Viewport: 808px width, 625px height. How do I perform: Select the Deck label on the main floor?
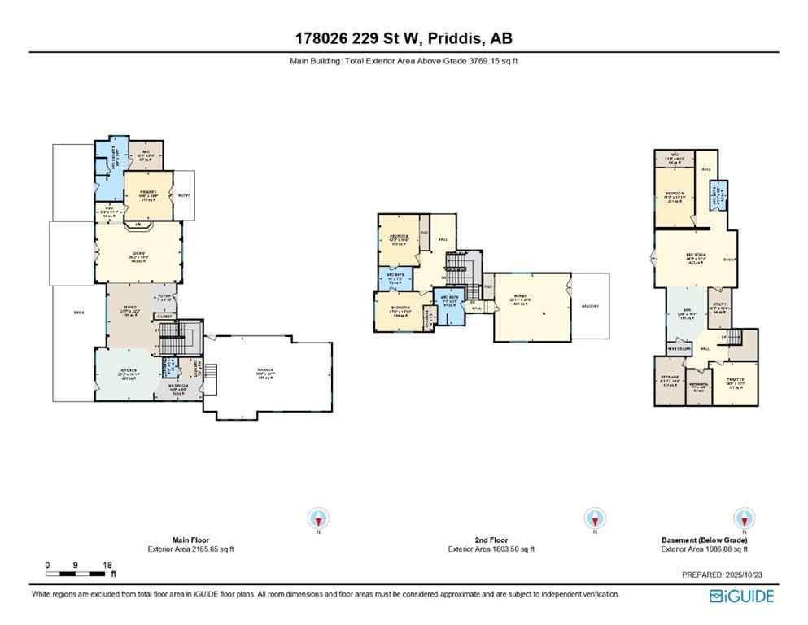click(x=78, y=312)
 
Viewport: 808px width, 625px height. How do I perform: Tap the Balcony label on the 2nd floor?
click(x=590, y=306)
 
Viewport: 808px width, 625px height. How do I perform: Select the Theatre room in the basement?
click(x=735, y=384)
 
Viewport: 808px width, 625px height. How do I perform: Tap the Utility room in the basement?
click(x=718, y=308)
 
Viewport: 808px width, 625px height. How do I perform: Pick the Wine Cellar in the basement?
click(x=679, y=348)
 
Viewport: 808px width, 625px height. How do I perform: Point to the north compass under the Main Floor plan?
click(x=317, y=518)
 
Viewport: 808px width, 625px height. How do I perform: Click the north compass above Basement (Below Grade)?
click(x=742, y=518)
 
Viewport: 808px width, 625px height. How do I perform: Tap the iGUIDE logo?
click(x=741, y=596)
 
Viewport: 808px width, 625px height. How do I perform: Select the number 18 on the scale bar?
click(x=107, y=564)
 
